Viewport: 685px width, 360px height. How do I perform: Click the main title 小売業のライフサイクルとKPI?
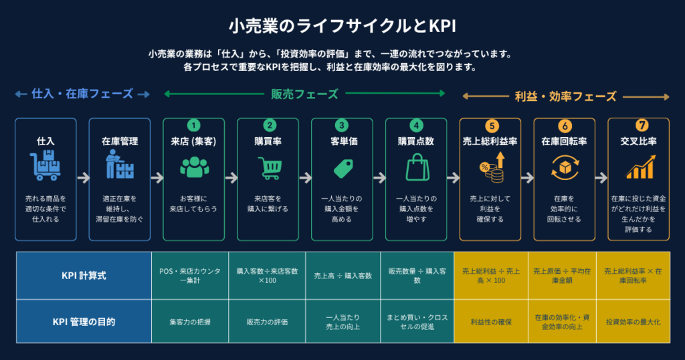coord(342,26)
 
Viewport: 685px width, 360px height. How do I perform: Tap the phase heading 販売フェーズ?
coord(304,94)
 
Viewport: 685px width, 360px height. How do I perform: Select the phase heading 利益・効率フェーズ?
coord(565,96)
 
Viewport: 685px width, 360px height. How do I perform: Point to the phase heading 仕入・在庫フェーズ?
coord(82,94)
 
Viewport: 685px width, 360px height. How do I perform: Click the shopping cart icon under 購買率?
coord(270,168)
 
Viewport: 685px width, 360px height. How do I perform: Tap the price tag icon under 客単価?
coord(343,169)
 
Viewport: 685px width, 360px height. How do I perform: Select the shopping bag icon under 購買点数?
coord(417,167)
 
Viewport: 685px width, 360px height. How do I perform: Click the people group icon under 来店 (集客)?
coord(195,167)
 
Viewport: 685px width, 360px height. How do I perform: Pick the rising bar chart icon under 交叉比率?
coord(640,168)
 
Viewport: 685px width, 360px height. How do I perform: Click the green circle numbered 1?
coord(193,125)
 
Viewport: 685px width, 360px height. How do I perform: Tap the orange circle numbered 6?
coord(565,126)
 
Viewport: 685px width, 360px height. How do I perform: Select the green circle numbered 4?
coord(416,125)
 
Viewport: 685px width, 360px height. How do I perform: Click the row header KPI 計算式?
coord(84,276)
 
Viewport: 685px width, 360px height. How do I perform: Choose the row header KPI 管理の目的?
coord(84,322)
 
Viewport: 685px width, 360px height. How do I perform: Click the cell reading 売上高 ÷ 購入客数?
coord(343,276)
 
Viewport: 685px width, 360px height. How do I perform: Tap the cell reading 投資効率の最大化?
coord(633,322)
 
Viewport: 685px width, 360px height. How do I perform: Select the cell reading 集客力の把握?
coord(190,322)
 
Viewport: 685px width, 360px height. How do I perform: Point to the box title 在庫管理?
coord(120,141)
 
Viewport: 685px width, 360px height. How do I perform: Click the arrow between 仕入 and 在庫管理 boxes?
coord(83,178)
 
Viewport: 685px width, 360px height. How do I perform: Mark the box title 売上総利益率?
coord(490,141)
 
